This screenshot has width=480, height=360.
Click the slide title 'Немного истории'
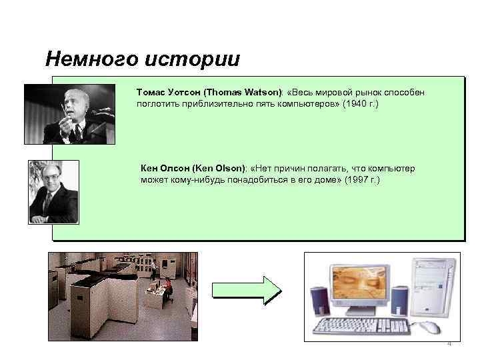coord(142,59)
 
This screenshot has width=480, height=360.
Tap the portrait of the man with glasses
coord(53,191)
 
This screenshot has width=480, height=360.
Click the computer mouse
coord(430,327)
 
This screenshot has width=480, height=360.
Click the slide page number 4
coord(449,344)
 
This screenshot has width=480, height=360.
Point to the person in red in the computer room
coord(169,288)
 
